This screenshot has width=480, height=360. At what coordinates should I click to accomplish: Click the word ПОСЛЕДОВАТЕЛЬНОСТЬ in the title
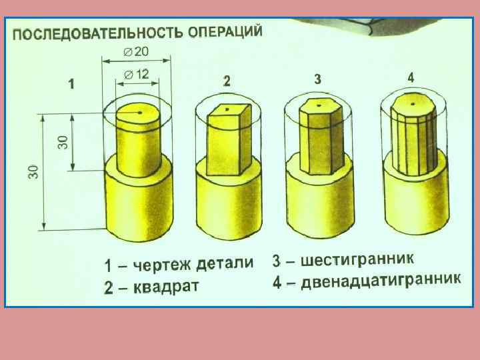point(98,33)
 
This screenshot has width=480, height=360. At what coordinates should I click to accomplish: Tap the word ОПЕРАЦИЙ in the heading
point(225,31)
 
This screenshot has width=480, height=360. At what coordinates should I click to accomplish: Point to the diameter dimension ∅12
point(137,75)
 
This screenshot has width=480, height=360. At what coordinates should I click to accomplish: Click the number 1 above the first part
point(71,85)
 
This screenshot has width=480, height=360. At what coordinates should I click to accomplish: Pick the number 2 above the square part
point(227,81)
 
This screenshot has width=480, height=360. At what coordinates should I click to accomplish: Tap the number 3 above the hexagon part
point(319,79)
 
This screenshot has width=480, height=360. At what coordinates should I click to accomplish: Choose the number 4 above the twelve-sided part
point(411,77)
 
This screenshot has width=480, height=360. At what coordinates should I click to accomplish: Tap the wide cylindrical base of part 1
point(139,204)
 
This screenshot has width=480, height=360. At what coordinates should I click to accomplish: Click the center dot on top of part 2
point(227,108)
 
